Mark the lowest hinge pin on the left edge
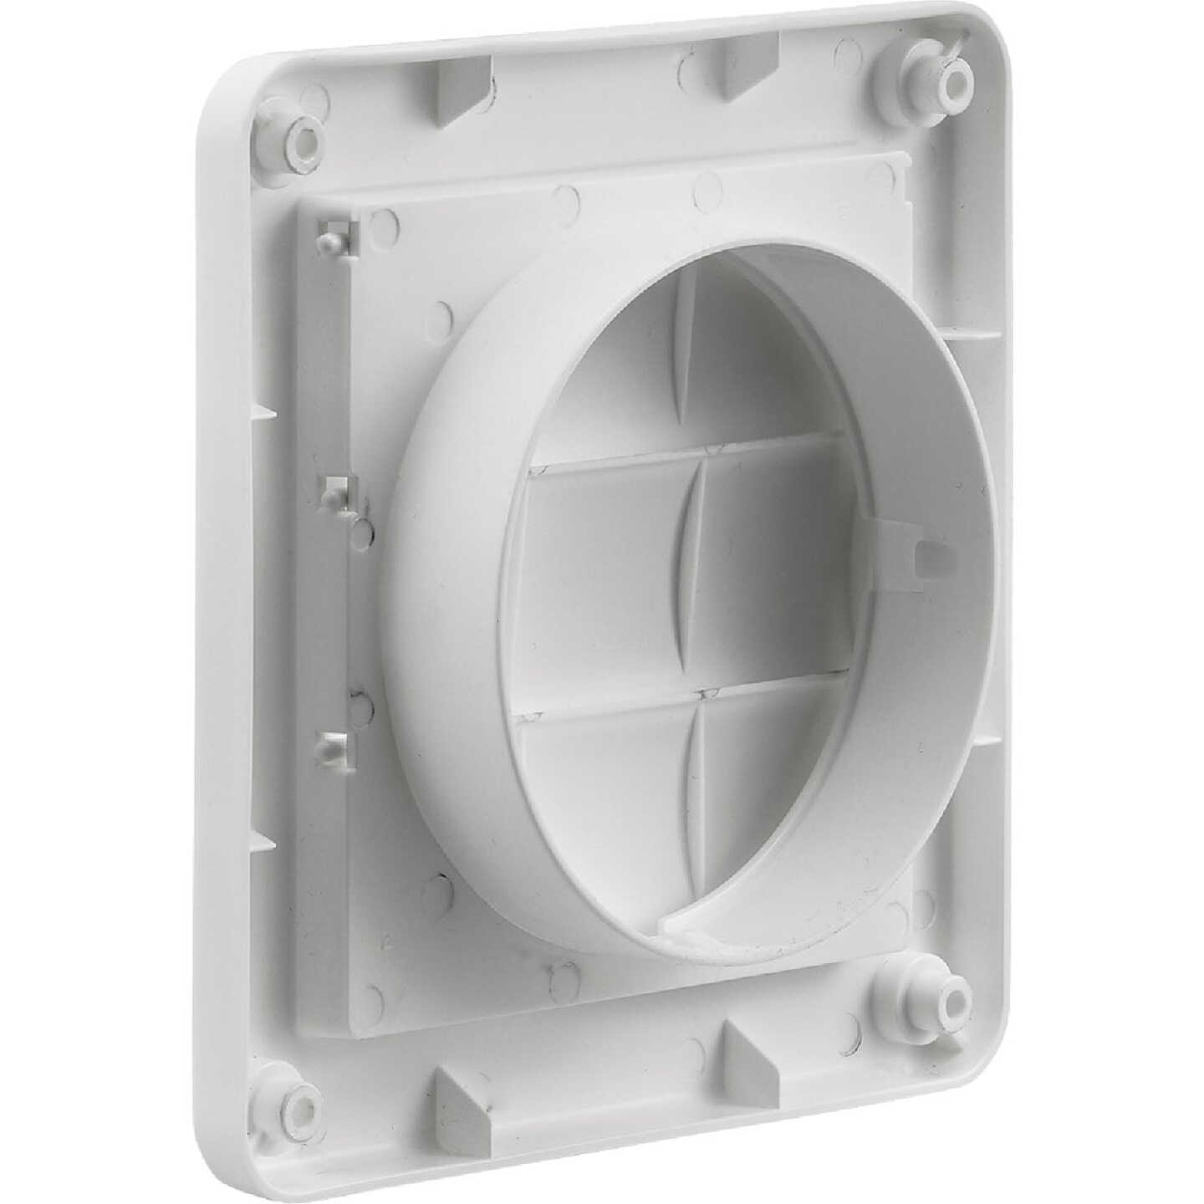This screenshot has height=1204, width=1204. pos(331,740)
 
